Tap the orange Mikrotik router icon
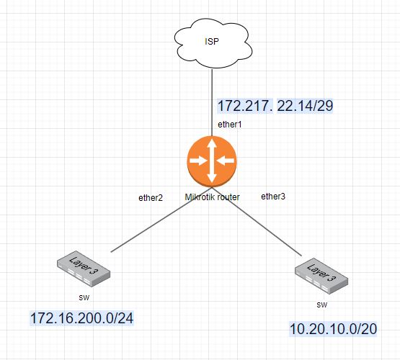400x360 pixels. click(211, 162)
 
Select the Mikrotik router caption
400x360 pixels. click(212, 197)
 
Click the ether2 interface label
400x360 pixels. click(151, 197)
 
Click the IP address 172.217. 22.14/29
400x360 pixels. click(275, 106)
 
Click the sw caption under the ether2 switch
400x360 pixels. click(84, 296)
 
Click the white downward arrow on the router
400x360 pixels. click(211, 175)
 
